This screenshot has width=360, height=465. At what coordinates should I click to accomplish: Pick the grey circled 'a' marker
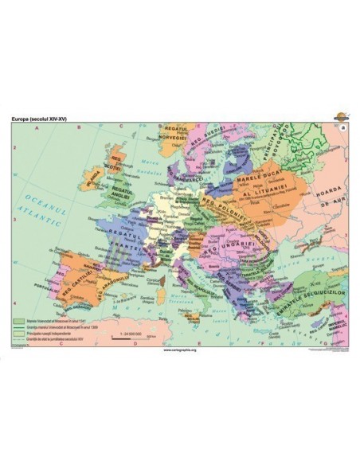coord(343,127)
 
